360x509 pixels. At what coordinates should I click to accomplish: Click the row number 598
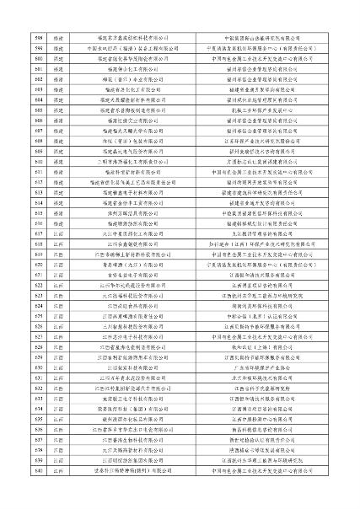click(15, 38)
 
